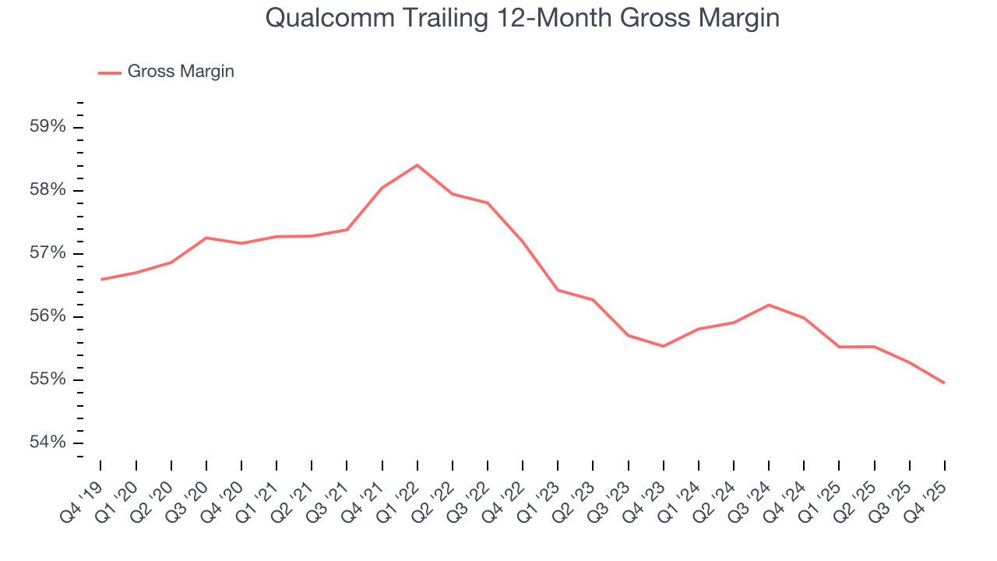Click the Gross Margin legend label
point(181,72)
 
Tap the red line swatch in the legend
point(110,72)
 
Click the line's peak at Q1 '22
point(417,165)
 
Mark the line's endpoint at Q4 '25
point(945,383)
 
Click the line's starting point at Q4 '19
point(101,279)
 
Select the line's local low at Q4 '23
point(663,346)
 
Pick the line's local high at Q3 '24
point(769,305)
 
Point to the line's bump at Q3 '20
point(206,238)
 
